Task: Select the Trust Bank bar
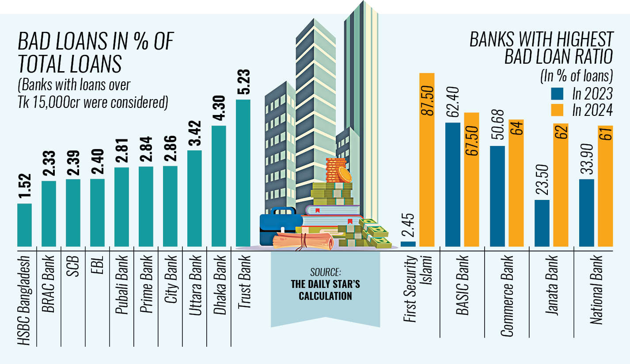point(243,172)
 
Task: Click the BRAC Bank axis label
point(49,284)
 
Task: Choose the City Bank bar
point(171,206)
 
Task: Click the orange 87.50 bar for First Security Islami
point(427,159)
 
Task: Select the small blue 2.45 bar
point(408,244)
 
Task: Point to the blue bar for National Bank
point(587,212)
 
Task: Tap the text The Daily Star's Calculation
point(325,290)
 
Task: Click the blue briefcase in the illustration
point(277,226)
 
